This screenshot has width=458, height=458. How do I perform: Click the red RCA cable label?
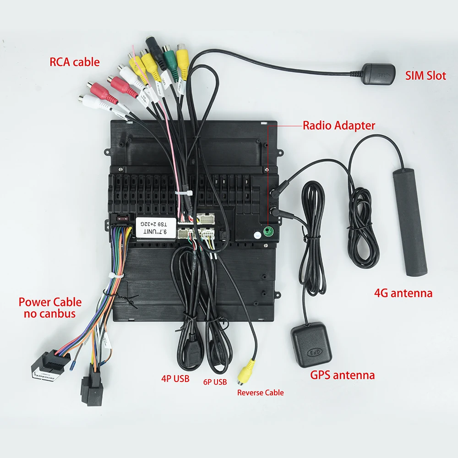coord(74,62)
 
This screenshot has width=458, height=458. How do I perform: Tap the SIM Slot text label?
coord(425,76)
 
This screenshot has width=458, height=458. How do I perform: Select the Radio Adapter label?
coord(339,125)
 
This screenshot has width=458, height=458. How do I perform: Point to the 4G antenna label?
coord(403,293)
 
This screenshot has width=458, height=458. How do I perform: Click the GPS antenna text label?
coord(343,376)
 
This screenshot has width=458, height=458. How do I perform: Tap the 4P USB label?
coord(174,379)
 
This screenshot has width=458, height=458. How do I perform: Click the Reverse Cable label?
coord(260,393)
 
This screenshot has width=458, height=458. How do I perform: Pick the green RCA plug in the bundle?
coord(169,60)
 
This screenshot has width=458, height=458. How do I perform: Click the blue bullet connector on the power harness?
coord(73,365)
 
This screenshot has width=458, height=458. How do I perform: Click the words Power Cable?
coord(50,302)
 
